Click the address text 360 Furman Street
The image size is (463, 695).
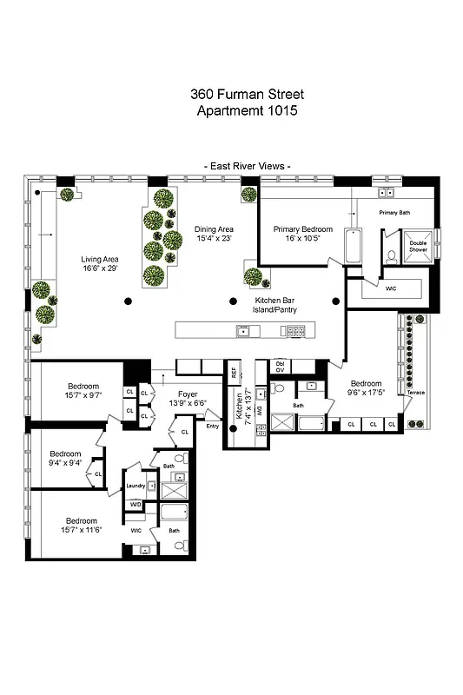247,94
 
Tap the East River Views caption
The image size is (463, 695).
247,165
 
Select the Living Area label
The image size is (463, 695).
100,259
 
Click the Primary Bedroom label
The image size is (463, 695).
303,229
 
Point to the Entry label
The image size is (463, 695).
213,426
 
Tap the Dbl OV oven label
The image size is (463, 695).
280,367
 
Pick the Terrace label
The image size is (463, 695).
415,393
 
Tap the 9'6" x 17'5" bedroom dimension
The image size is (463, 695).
366,393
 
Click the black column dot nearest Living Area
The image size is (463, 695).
128,301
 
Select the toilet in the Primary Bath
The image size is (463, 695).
392,255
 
